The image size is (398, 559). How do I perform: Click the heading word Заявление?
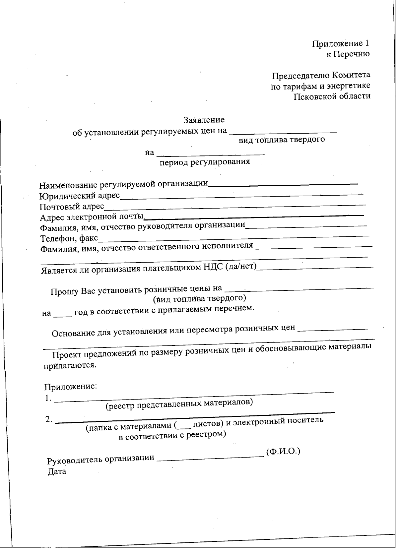point(204,120)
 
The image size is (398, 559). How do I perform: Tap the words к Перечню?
point(348,54)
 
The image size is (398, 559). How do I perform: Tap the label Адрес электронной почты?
point(92,217)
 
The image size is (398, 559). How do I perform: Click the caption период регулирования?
point(205,162)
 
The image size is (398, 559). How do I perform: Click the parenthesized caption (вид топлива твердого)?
point(199,298)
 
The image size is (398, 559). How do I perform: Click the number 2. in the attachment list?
point(49,419)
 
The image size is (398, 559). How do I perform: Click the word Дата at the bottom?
point(57,471)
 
